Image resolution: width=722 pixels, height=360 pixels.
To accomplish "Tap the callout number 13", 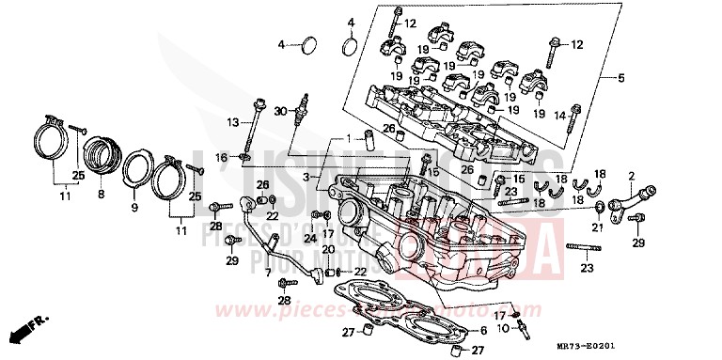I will (x=232, y=122).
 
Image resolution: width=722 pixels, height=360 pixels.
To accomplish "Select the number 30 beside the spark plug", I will (x=279, y=112).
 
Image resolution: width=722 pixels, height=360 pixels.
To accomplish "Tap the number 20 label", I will (x=327, y=249).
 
